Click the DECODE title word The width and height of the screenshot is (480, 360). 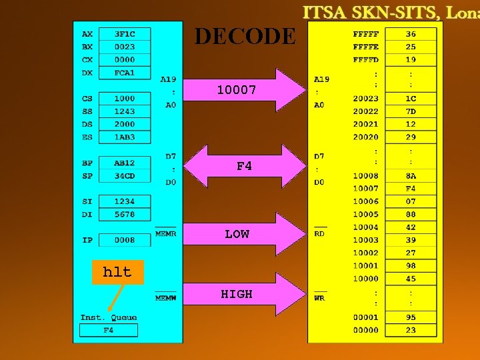[x=245, y=37]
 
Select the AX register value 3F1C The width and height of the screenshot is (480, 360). [x=125, y=34]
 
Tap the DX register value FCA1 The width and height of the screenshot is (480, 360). [x=125, y=73]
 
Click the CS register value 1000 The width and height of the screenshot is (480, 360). [x=125, y=99]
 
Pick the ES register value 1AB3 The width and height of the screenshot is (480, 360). [x=125, y=137]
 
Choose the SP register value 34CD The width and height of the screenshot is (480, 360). [x=125, y=176]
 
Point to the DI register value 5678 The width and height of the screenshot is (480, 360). [x=125, y=214]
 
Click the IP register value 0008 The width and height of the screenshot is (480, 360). [x=125, y=240]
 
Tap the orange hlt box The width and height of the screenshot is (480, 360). [x=117, y=271]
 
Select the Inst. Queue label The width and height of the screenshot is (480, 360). [x=109, y=317]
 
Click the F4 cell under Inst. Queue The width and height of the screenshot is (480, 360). [x=108, y=330]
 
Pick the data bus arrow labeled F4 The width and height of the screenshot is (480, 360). [x=243, y=166]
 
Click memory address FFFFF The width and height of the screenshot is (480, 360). [x=366, y=34]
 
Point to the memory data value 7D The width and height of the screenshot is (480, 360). [x=411, y=111]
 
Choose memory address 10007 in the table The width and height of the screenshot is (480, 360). [x=366, y=189]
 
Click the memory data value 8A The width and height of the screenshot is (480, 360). [x=411, y=176]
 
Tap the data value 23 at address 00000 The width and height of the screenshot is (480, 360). [x=411, y=330]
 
